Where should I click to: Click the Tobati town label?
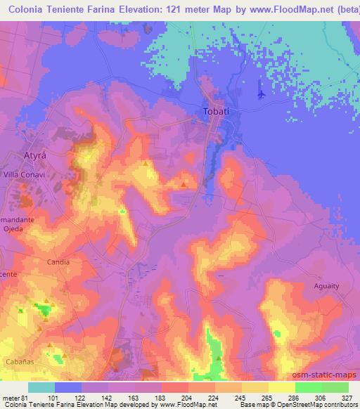tap(217, 111)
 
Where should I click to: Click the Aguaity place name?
tap(328, 286)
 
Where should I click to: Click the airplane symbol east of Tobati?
tap(262, 92)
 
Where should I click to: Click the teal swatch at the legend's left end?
tap(41, 387)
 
